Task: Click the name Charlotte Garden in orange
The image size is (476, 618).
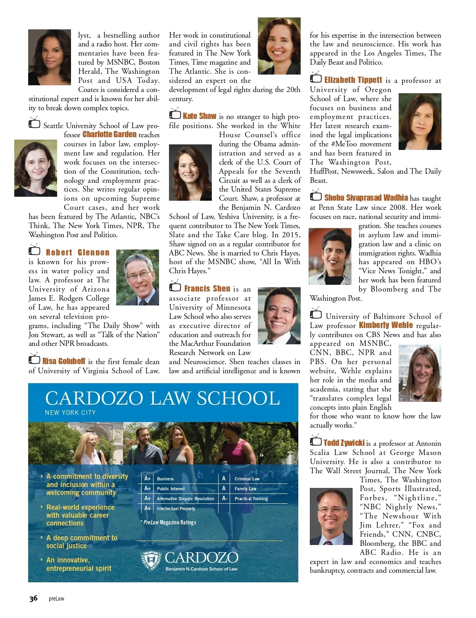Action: click(109, 134)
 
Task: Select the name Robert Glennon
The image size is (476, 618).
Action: click(77, 253)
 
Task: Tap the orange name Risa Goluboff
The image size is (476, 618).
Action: click(64, 361)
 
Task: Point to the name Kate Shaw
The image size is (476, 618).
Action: click(200, 116)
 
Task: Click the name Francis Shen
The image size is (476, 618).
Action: click(207, 289)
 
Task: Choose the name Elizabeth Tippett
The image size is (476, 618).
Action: click(353, 80)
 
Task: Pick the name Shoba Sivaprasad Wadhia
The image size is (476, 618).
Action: click(366, 198)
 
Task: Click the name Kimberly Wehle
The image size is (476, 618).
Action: click(386, 326)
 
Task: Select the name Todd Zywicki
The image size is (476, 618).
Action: click(344, 443)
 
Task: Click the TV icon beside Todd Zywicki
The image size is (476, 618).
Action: click(316, 441)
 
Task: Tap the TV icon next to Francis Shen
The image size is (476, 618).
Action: click(175, 286)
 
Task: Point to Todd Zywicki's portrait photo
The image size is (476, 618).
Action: click(331, 516)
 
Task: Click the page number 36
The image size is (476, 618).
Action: click(33, 599)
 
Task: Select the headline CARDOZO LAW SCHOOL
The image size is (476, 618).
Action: click(162, 398)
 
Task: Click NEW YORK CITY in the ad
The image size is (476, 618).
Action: click(70, 413)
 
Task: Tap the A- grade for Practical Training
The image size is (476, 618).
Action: click(225, 499)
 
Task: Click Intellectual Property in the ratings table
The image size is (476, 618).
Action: click(176, 509)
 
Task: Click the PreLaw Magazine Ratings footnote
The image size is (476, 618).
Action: click(169, 522)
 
